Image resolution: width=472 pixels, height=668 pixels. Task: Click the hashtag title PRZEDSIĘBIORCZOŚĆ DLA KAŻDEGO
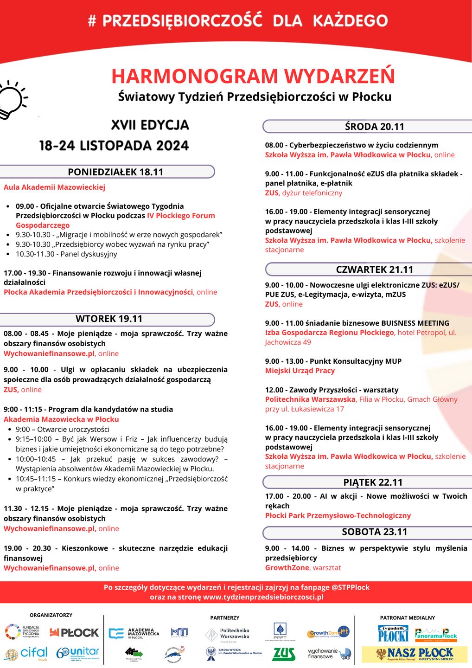tap(237, 21)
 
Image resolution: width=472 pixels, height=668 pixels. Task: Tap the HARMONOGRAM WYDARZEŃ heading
tap(253, 76)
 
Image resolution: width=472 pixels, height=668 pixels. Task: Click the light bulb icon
tap(12, 99)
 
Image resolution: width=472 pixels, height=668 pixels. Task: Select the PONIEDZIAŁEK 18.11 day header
tap(115, 172)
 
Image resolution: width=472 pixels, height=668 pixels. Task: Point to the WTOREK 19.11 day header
tap(109, 319)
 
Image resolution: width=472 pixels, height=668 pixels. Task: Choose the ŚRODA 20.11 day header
tap(374, 127)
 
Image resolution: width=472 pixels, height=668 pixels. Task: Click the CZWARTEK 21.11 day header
tap(374, 270)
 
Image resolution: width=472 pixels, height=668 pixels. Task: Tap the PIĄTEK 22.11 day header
tap(373, 482)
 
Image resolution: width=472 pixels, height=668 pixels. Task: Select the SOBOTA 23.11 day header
tap(374, 532)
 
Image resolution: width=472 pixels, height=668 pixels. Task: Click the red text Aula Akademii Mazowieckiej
tap(54, 187)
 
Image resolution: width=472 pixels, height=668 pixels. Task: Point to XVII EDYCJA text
tap(150, 125)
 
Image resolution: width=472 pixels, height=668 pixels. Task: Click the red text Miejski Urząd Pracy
tap(300, 371)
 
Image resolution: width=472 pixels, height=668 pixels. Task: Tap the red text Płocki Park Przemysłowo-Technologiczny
tap(338, 516)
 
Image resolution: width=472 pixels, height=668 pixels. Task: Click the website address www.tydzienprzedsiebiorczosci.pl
tap(263, 597)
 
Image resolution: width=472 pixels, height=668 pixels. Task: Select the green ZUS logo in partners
tap(283, 654)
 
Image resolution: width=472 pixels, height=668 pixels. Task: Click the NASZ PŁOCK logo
tap(414, 654)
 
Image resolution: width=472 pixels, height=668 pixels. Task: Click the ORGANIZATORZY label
tap(51, 615)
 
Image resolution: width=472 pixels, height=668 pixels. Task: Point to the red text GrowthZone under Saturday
tap(287, 568)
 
